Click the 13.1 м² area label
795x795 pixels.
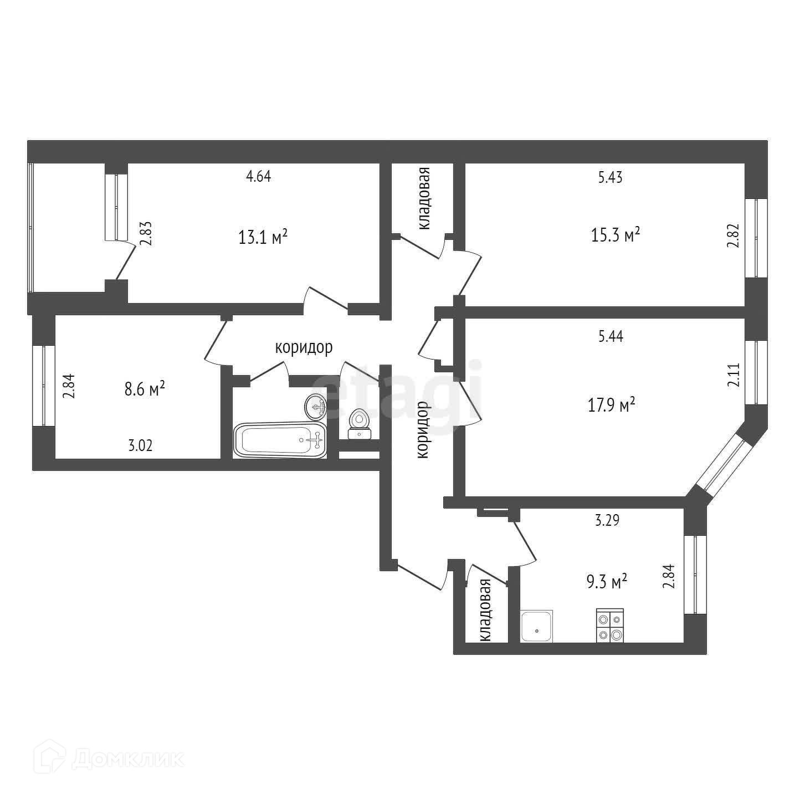pyautogui.click(x=263, y=238)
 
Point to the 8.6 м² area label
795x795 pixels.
pyautogui.click(x=145, y=389)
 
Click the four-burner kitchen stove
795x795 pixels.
pyautogui.click(x=610, y=625)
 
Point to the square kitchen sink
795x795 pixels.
pyautogui.click(x=536, y=627)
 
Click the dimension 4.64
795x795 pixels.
pyautogui.click(x=259, y=177)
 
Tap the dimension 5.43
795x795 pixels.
pyautogui.click(x=611, y=177)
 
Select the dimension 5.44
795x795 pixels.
pyautogui.click(x=611, y=336)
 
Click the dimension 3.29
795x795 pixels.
pyautogui.click(x=607, y=520)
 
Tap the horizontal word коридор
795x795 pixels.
pyautogui.click(x=304, y=348)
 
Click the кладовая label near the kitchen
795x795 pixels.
pyautogui.click(x=486, y=610)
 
